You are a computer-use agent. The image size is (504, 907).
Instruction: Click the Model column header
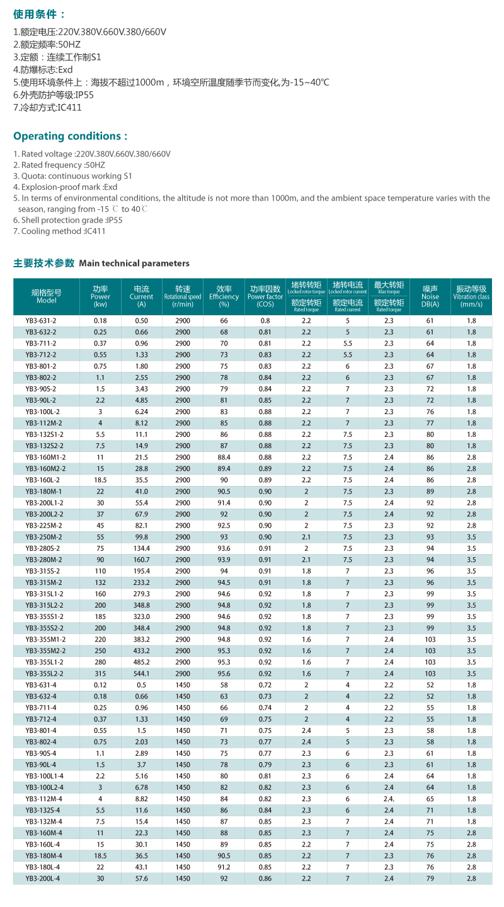point(46,296)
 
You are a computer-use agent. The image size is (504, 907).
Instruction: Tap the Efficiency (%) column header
point(224,296)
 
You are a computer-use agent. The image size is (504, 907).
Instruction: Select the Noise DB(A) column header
point(430,296)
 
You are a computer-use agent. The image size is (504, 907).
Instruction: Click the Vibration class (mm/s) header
point(471,296)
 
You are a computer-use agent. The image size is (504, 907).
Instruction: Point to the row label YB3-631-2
point(41,321)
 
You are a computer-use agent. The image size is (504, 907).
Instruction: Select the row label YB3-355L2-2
point(44,674)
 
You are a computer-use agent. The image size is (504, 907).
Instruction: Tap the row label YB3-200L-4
point(42,879)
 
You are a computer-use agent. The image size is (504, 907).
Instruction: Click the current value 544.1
point(141,674)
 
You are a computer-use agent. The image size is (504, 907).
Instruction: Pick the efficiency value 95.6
point(224,674)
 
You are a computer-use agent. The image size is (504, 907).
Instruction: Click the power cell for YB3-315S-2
point(100,571)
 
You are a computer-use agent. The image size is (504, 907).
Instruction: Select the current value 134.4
point(141,548)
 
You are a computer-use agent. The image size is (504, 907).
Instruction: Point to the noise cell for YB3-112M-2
point(430,423)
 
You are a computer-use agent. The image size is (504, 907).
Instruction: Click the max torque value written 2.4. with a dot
point(389,799)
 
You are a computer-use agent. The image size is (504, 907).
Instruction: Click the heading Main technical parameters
point(134,263)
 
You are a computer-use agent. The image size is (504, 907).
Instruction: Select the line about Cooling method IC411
point(59,231)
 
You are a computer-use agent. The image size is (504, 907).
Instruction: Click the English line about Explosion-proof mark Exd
point(65,187)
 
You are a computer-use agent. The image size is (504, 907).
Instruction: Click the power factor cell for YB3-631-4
point(265,685)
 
